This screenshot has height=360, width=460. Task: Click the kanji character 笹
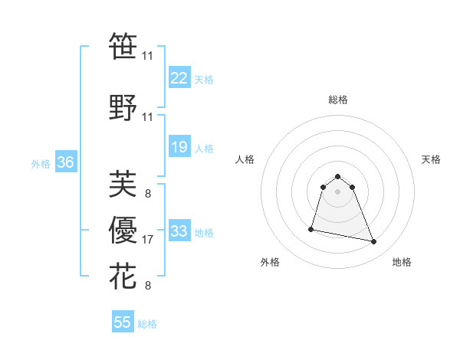click(x=123, y=46)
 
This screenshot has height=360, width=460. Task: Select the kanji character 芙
click(x=123, y=184)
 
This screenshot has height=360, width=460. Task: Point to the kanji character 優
click(x=123, y=230)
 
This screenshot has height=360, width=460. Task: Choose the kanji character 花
click(x=123, y=276)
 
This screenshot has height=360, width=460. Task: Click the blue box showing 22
click(x=179, y=78)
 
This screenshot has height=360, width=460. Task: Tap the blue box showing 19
click(x=179, y=147)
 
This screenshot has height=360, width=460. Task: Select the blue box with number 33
click(x=179, y=231)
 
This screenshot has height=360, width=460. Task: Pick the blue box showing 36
click(x=65, y=162)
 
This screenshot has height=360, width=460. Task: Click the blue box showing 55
click(x=123, y=322)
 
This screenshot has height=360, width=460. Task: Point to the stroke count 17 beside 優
click(x=148, y=240)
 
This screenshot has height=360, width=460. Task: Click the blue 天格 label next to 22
click(x=204, y=79)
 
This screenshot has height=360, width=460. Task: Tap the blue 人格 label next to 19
click(x=204, y=148)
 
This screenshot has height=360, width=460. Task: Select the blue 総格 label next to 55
click(x=147, y=323)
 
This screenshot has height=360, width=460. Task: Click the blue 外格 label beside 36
click(x=41, y=163)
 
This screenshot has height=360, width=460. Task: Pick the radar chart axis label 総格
click(x=338, y=100)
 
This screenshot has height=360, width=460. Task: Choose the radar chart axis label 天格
click(x=432, y=159)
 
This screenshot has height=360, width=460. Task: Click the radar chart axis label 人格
click(x=245, y=159)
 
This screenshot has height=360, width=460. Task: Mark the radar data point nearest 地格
click(x=374, y=242)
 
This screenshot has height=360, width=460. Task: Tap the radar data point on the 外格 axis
click(x=311, y=228)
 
